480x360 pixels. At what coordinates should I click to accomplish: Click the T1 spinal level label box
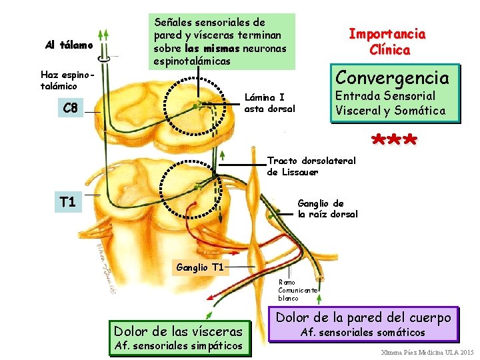coord(67,201)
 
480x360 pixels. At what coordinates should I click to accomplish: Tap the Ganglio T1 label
coord(199,268)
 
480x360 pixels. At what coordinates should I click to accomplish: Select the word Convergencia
coord(392,78)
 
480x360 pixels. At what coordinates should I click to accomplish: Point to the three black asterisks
coord(395,140)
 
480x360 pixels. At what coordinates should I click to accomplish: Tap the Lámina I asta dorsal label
coord(269,102)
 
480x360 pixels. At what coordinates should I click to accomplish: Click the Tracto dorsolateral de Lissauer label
coord(311,166)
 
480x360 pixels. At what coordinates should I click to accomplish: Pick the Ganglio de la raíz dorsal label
coord(327,209)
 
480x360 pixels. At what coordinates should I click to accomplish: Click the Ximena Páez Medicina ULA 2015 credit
coord(427,351)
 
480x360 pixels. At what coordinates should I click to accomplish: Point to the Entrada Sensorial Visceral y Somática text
coord(391,103)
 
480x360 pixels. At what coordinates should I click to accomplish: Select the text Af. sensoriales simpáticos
coord(179,345)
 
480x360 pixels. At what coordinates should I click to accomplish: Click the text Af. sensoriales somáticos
coord(363,332)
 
